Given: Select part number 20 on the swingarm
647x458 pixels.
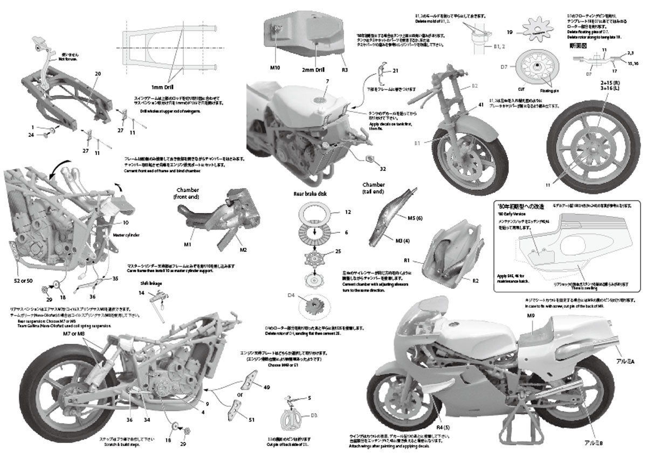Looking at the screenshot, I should pyautogui.click(x=98, y=73).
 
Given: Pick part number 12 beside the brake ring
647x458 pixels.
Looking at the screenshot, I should pyautogui.click(x=348, y=212).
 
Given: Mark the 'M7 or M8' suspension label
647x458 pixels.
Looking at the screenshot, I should pyautogui.click(x=74, y=334).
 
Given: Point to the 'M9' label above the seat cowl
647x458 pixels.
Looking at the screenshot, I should pyautogui.click(x=531, y=316).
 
